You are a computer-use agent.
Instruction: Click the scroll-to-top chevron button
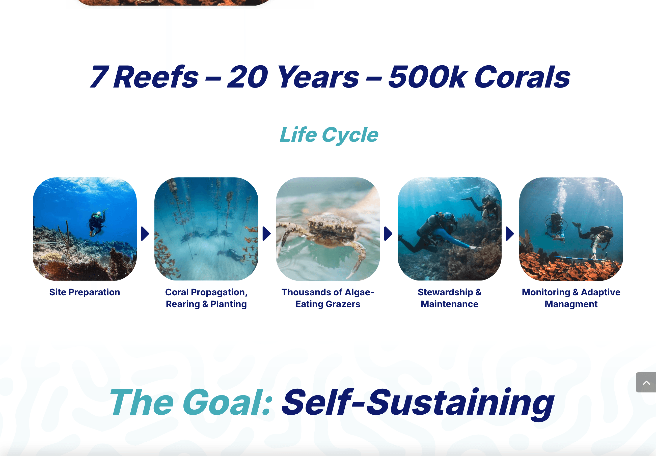tap(646, 382)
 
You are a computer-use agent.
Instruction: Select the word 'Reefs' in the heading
tap(156, 76)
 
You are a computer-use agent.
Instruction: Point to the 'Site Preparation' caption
tap(85, 292)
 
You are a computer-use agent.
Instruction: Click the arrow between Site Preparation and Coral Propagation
tap(145, 234)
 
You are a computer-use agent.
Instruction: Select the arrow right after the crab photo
tap(388, 234)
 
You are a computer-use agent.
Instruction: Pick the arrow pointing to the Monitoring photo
tap(510, 234)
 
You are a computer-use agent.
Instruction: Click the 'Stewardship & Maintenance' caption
tap(449, 298)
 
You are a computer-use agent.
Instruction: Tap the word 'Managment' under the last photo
tap(571, 304)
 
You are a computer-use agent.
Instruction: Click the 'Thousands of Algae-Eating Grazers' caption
tap(328, 298)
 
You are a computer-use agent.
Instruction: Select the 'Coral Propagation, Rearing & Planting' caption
tap(206, 298)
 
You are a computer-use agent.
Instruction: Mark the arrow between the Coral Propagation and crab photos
tap(267, 234)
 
